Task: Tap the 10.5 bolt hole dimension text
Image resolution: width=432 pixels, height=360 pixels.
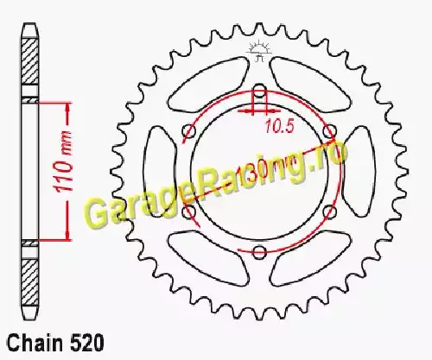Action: (279, 127)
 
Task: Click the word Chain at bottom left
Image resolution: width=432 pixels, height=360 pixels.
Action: (35, 343)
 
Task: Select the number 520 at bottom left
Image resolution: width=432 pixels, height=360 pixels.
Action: (86, 343)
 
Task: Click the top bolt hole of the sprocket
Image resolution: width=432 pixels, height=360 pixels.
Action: (259, 88)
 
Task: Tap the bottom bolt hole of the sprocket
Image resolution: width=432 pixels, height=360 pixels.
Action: (259, 252)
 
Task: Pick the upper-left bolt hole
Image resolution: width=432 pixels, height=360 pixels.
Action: (188, 131)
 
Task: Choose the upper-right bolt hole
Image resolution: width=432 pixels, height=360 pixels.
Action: (330, 130)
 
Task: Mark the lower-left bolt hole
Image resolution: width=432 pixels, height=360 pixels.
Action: (188, 212)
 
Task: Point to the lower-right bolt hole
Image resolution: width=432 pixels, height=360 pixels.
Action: (330, 212)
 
